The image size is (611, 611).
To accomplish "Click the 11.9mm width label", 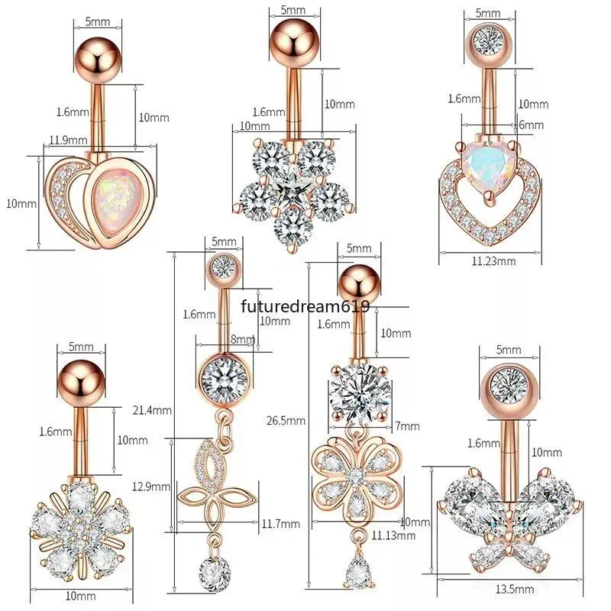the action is click(68, 140).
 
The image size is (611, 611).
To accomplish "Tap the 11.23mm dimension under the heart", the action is click(493, 260).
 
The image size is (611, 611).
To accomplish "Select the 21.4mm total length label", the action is click(152, 410).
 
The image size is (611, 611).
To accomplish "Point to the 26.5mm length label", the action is click(286, 421).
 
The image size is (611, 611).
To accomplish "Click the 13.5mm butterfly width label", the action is click(514, 589).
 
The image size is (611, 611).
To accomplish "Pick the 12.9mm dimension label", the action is click(151, 487).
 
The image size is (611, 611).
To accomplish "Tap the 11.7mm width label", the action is click(280, 524).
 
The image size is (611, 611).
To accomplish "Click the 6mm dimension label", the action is click(531, 124).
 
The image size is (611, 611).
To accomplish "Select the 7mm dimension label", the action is click(408, 426).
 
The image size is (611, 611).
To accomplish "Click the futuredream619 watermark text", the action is click(305, 306).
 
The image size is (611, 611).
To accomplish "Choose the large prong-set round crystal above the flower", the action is click(360, 393).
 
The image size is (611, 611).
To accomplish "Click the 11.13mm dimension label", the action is click(393, 535).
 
